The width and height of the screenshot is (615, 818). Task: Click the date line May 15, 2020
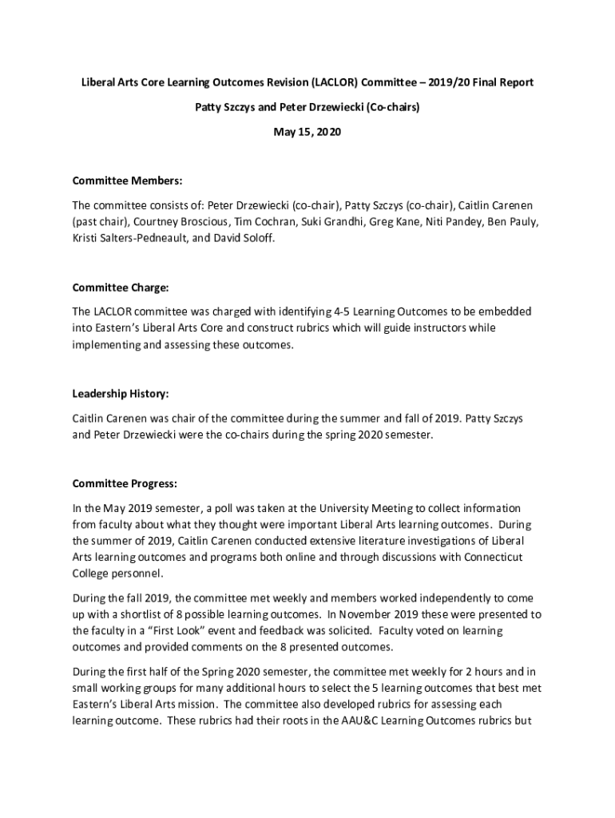pyautogui.click(x=307, y=132)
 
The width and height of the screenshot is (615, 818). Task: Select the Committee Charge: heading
pyautogui.click(x=121, y=288)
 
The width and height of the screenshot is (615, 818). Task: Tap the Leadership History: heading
pyautogui.click(x=121, y=394)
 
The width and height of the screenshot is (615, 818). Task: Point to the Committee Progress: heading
pyautogui.click(x=125, y=484)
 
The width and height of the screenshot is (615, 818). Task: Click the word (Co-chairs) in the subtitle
pyautogui.click(x=388, y=107)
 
